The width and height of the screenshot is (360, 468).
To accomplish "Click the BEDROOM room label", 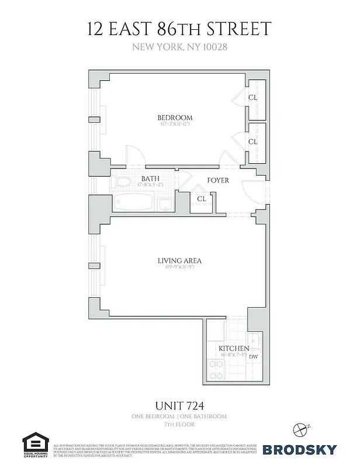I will tap(175, 118).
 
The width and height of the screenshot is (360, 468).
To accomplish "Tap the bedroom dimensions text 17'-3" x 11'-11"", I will tap(175, 124).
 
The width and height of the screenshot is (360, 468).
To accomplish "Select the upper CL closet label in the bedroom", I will tap(252, 98).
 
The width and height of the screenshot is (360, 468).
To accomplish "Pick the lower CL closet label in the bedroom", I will tap(252, 142).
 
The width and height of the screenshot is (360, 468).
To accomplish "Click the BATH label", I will tap(150, 178).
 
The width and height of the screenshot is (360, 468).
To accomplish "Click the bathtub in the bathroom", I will tap(135, 203).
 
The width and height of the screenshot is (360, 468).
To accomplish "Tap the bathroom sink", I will tap(165, 204).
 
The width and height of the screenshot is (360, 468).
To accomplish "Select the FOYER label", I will tap(218, 180).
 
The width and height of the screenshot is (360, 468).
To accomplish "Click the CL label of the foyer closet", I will tap(202, 199).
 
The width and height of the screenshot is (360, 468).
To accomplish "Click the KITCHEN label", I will tap(234, 349).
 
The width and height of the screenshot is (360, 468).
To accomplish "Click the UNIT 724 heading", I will tap(179, 404).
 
